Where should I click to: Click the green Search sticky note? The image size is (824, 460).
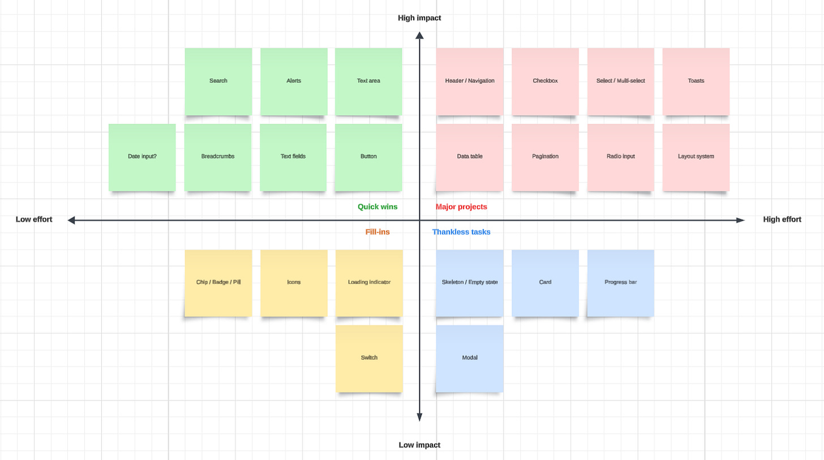pos(218,81)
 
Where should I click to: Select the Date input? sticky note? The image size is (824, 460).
pos(142,157)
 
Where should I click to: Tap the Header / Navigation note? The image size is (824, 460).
pos(470,81)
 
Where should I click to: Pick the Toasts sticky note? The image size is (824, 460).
pos(696,81)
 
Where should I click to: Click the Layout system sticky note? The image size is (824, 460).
pos(696,157)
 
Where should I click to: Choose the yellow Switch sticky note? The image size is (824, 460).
pos(369,358)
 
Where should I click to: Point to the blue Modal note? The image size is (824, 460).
pos(470,358)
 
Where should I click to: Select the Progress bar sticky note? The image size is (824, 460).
pos(620,282)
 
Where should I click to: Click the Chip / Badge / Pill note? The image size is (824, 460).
pos(218,282)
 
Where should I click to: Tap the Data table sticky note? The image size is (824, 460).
pos(470,157)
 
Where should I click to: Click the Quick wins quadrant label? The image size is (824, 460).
pos(377,207)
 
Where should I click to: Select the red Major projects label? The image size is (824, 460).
pos(461,207)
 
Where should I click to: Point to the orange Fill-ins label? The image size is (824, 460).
pos(377,232)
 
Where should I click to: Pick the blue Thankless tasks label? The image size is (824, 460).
pos(461,232)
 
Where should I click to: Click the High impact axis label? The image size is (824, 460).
pos(419,18)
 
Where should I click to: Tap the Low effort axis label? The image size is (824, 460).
pos(34,219)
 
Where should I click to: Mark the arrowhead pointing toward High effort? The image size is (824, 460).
pos(740,220)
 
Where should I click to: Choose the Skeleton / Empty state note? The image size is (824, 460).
pos(470,282)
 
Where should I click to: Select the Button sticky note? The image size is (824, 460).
pos(368,157)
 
